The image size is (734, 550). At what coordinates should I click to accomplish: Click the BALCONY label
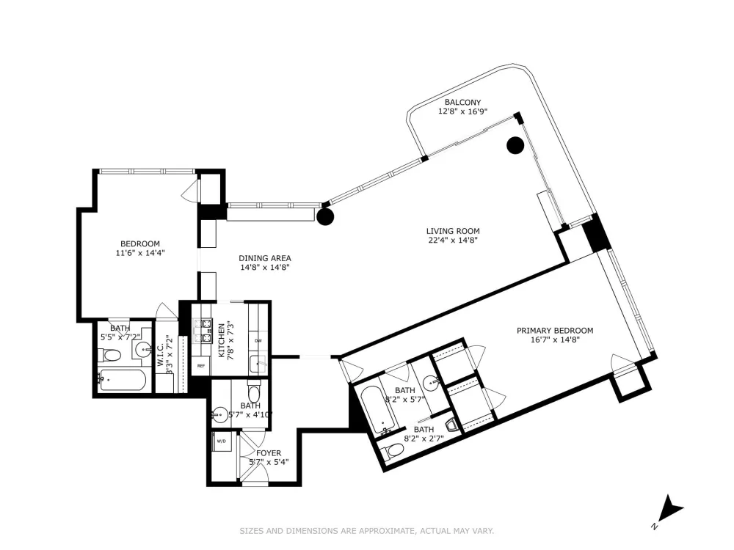[x=462, y=103]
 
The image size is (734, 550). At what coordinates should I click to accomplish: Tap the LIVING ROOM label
[x=453, y=231]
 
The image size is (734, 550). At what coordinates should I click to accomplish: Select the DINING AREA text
[x=265, y=258]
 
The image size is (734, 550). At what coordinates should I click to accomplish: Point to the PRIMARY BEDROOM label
[x=555, y=331]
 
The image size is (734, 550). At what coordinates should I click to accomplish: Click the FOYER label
[x=269, y=453]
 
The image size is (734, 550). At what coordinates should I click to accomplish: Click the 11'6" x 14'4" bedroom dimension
[x=140, y=253]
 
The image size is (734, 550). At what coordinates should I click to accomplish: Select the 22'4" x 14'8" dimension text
[x=453, y=241]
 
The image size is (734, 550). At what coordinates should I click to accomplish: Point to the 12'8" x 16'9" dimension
[x=462, y=111]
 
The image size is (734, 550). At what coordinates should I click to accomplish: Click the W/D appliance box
[x=222, y=441]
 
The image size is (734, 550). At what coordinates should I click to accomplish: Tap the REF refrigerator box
[x=201, y=366]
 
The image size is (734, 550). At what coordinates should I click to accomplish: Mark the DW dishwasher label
[x=258, y=341]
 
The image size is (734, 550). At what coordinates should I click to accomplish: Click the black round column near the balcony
[x=515, y=145]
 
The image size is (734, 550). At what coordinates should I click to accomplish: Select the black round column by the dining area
[x=325, y=216]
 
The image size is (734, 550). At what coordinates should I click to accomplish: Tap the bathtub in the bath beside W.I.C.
[x=123, y=380]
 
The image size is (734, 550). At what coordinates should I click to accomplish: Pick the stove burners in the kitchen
[x=203, y=330]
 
